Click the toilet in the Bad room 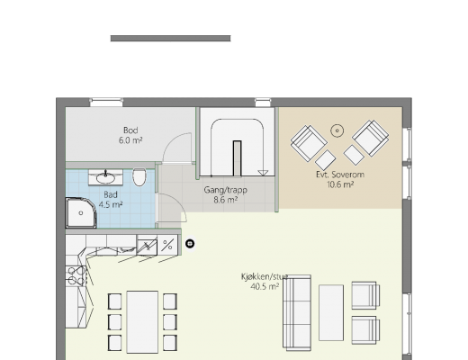tap(139, 177)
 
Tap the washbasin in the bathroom tap(105, 177)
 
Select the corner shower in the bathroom tap(81, 212)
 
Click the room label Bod tap(130, 130)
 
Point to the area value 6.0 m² tap(130, 140)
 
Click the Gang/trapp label tap(226, 190)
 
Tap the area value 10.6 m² tap(340, 184)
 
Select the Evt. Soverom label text tap(340, 175)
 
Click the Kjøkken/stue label tap(265, 276)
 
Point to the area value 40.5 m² tap(265, 286)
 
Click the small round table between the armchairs tap(337, 130)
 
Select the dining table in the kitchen tap(142, 321)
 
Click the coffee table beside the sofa tap(331, 312)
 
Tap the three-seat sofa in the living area tap(297, 312)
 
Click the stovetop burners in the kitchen tap(76, 275)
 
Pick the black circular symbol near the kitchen tap(190, 244)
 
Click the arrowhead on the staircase tap(263, 173)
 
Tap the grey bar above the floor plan tap(170, 39)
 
